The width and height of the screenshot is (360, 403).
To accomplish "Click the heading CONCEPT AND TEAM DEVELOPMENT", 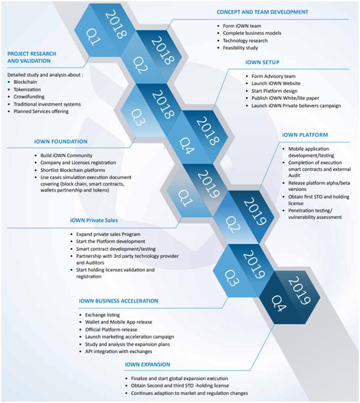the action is pos(262,12).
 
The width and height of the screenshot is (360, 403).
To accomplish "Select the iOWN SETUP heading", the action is pos(262,62).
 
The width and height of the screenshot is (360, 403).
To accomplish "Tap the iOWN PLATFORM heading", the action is pos(305,135).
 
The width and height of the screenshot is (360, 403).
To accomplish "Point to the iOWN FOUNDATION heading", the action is pos(60,142).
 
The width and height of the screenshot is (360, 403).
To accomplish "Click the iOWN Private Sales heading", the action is pos(94,221).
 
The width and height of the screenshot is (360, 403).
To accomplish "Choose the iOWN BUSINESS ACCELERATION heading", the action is pos(119,301).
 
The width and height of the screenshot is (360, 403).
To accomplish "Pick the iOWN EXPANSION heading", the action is pos(148,364).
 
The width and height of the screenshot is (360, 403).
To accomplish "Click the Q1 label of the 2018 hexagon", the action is pos(93,37).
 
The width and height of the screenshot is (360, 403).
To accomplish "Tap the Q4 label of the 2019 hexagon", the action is pos(278,303).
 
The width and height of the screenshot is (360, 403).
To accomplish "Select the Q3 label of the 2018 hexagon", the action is pos(138,117).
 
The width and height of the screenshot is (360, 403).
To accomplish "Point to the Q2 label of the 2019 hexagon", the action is pos(233,224).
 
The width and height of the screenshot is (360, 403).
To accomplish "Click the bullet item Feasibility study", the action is pos(241,48).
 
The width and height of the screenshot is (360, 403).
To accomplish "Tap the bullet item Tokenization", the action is pos(28,89).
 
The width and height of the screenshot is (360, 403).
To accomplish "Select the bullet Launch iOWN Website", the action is pos(276,83).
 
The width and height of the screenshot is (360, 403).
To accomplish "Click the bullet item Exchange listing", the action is pos(102,315).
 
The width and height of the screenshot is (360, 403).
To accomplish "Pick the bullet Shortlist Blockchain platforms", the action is pos(73,170).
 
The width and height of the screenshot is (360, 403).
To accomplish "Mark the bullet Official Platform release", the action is pos(111,329).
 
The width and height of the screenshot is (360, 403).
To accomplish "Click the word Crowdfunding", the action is pos(29,96).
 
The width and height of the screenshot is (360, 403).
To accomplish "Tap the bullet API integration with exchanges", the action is pos(119,351).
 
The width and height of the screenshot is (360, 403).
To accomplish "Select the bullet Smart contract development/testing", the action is pos(116,249).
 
